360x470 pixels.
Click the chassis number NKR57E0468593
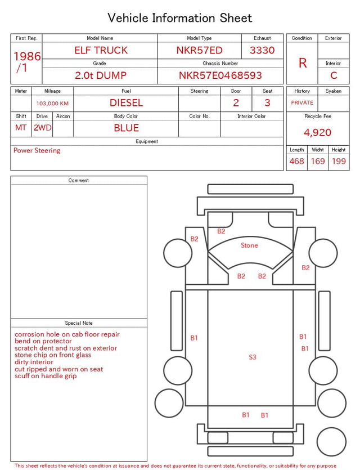(220, 75)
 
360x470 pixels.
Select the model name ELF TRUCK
(101, 50)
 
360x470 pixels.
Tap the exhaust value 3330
(262, 50)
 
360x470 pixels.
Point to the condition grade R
(303, 63)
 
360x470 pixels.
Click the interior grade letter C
(334, 75)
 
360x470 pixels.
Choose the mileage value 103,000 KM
(52, 104)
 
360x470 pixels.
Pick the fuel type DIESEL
(126, 103)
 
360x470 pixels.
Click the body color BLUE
(126, 128)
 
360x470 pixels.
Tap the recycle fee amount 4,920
(317, 132)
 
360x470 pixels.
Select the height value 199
(339, 161)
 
